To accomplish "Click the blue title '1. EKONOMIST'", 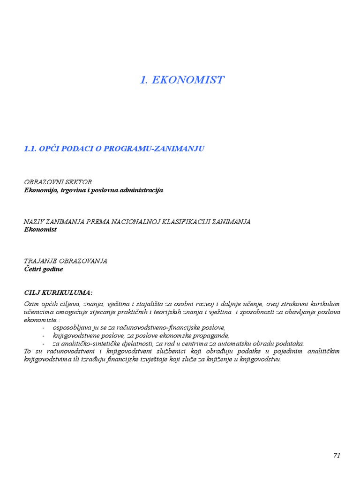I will point(182,80).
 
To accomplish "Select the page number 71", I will point(337,456).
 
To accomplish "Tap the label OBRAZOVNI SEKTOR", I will point(58,182).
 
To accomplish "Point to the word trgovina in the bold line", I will point(73,190).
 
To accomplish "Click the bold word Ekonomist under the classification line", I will point(40,230).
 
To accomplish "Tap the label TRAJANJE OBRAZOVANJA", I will point(66,261).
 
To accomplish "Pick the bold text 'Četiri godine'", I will point(43,269).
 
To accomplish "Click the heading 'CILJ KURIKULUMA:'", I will point(58,292).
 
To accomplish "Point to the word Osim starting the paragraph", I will point(31,304).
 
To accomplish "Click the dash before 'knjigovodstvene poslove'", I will point(44,335).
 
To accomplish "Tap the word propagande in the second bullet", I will point(212,335).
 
